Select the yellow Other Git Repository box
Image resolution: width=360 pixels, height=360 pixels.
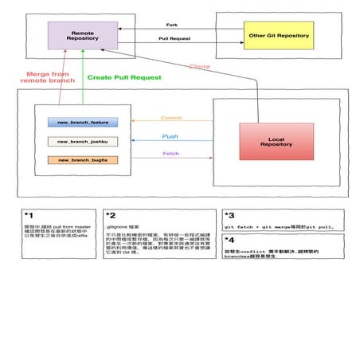point(278,37)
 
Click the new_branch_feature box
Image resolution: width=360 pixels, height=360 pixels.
point(83,122)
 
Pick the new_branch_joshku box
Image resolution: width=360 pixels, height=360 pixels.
point(83,141)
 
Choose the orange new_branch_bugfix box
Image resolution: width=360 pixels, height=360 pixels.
point(83,160)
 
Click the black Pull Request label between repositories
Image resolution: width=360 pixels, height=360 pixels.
point(173,38)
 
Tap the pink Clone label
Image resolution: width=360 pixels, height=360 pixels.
point(199,68)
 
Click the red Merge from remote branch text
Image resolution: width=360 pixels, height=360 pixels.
point(47,77)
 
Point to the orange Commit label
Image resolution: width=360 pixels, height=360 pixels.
point(170,118)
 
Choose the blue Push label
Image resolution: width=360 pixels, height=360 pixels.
point(170,136)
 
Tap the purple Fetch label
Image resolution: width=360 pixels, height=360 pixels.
point(170,154)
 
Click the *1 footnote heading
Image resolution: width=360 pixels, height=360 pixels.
point(29,215)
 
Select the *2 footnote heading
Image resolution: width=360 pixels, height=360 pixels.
point(111,215)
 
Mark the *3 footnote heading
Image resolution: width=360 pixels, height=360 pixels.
point(229,215)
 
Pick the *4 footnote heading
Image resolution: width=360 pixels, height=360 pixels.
point(229,239)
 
